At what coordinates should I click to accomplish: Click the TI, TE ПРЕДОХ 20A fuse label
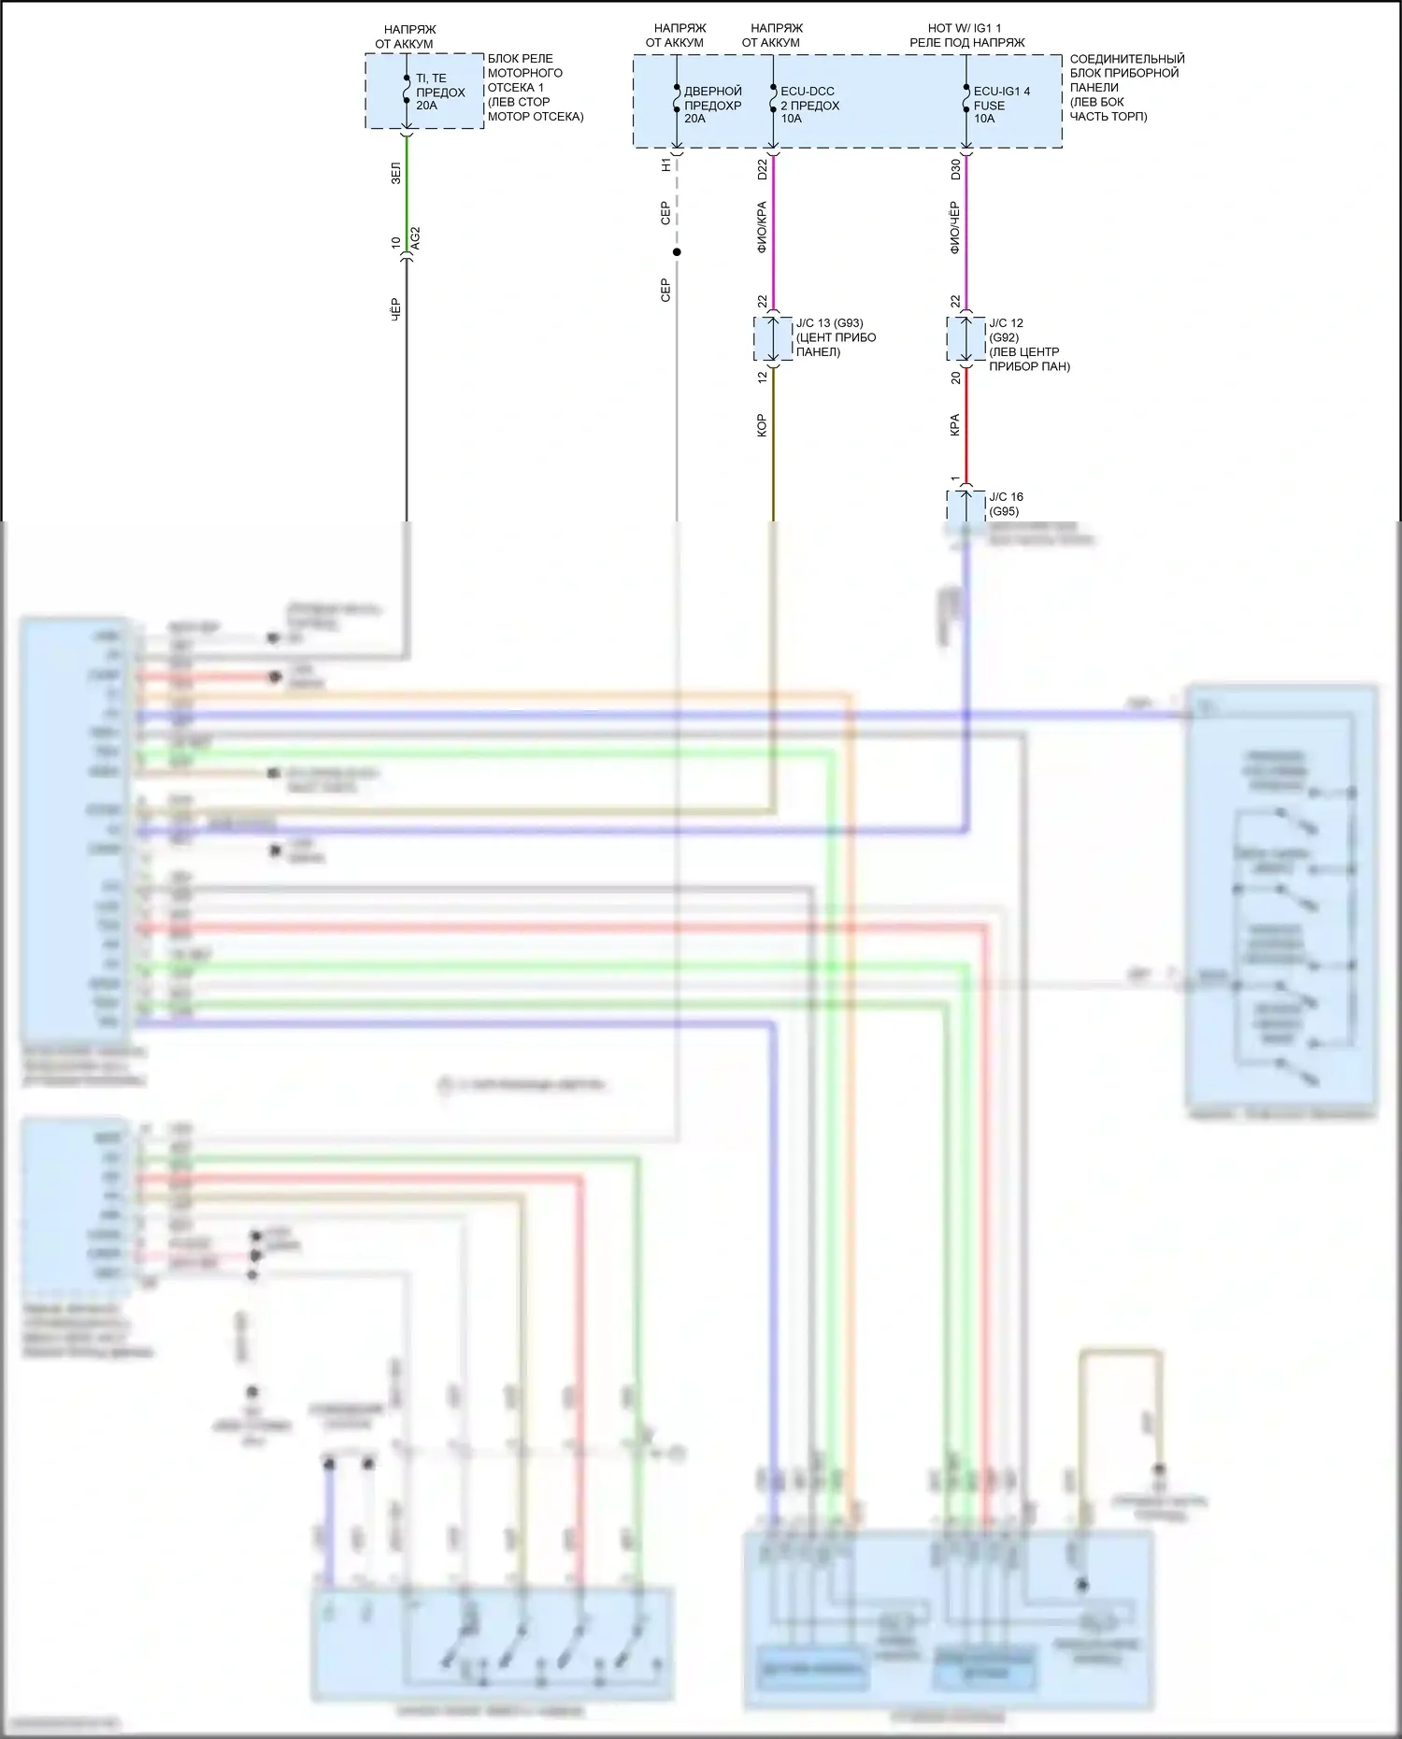click(439, 92)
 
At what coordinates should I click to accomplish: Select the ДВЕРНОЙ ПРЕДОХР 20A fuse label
click(712, 105)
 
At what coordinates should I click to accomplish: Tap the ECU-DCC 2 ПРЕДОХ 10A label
click(809, 105)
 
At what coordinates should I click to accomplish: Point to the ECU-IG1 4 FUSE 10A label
click(1001, 105)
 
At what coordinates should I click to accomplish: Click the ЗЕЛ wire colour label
click(395, 173)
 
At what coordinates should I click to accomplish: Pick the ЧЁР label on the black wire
click(395, 310)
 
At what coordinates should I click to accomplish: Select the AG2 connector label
click(416, 237)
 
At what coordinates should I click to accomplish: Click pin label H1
click(665, 164)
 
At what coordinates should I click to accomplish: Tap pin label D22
click(762, 169)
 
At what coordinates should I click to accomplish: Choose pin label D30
click(955, 169)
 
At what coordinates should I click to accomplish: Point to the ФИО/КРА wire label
click(762, 227)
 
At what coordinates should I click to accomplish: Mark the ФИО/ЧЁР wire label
click(954, 227)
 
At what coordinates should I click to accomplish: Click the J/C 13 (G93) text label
click(829, 323)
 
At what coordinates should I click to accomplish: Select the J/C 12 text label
click(1006, 323)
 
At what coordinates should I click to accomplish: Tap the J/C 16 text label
click(1006, 497)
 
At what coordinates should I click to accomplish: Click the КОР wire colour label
click(762, 425)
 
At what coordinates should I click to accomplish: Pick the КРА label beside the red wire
click(954, 425)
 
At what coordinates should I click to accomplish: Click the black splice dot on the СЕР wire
click(677, 252)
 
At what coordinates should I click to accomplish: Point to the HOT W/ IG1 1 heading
click(964, 28)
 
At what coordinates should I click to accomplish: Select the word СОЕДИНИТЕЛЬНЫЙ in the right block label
click(1127, 59)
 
